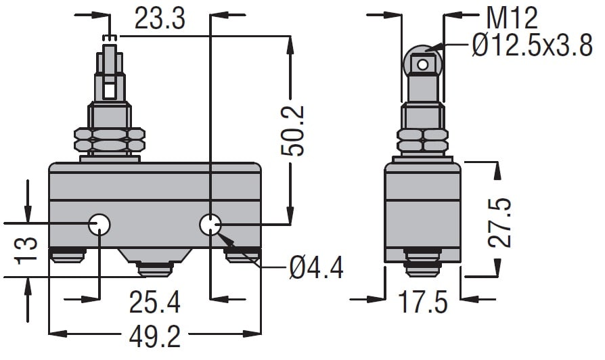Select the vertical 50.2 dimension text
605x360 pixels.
[x=292, y=131]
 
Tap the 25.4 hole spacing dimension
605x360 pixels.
[x=154, y=302]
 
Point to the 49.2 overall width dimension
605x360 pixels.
[x=154, y=336]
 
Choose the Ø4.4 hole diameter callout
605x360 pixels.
[x=316, y=267]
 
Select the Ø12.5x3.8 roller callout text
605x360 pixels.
[x=533, y=46]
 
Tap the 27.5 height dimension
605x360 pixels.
[x=499, y=223]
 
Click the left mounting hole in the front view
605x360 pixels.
[x=99, y=224]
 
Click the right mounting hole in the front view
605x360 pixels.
[x=210, y=224]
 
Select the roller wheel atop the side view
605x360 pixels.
[x=423, y=60]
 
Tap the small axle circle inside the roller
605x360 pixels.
[x=423, y=64]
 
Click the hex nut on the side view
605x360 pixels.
[x=423, y=140]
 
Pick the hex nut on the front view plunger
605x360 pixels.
[x=110, y=139]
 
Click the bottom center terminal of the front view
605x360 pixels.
[x=155, y=269]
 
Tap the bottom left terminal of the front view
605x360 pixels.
[x=68, y=255]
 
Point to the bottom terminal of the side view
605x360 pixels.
[x=423, y=263]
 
